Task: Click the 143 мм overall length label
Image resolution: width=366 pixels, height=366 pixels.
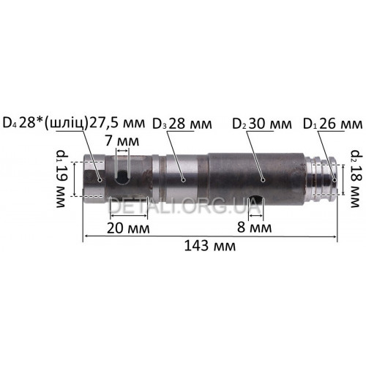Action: [210, 246]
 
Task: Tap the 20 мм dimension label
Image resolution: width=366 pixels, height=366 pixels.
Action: [128, 228]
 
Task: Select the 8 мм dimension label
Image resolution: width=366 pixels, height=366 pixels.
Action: [255, 228]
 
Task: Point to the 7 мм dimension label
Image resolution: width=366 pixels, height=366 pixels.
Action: [122, 141]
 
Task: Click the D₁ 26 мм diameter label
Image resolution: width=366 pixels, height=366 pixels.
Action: [332, 124]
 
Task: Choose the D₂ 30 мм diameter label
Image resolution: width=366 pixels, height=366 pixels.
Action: [262, 124]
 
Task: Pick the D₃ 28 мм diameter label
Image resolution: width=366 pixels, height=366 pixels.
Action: [182, 124]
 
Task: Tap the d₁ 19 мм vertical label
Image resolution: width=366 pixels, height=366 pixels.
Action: [61, 179]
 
